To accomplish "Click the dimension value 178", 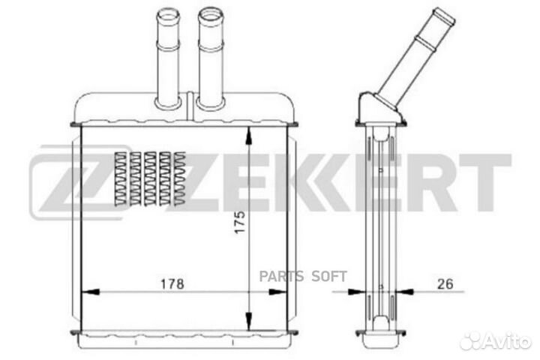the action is click(x=172, y=283).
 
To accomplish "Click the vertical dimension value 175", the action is click(x=240, y=222).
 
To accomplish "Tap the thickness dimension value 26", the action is click(x=445, y=283).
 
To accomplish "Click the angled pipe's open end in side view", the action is click(x=444, y=16).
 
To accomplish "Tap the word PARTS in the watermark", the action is click(x=281, y=276).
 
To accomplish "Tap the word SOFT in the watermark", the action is click(x=329, y=276).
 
